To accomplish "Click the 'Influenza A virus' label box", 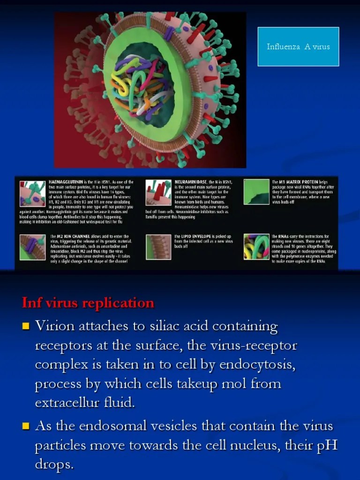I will pos(298,46).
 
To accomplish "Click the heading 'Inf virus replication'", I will pos(88,303).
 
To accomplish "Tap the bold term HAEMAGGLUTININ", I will pos(66,182).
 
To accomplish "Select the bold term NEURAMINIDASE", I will pos(190,182).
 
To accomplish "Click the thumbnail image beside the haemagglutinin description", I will pos(32,193).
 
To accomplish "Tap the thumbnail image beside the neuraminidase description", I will pos(158,192).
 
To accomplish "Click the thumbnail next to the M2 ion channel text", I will pos(32,247).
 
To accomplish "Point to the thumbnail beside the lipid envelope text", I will pos(158,247).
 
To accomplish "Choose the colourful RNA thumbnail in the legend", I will pos(256,247).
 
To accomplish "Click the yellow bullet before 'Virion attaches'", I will pos(26,325).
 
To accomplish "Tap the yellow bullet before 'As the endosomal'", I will pos(26,426).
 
